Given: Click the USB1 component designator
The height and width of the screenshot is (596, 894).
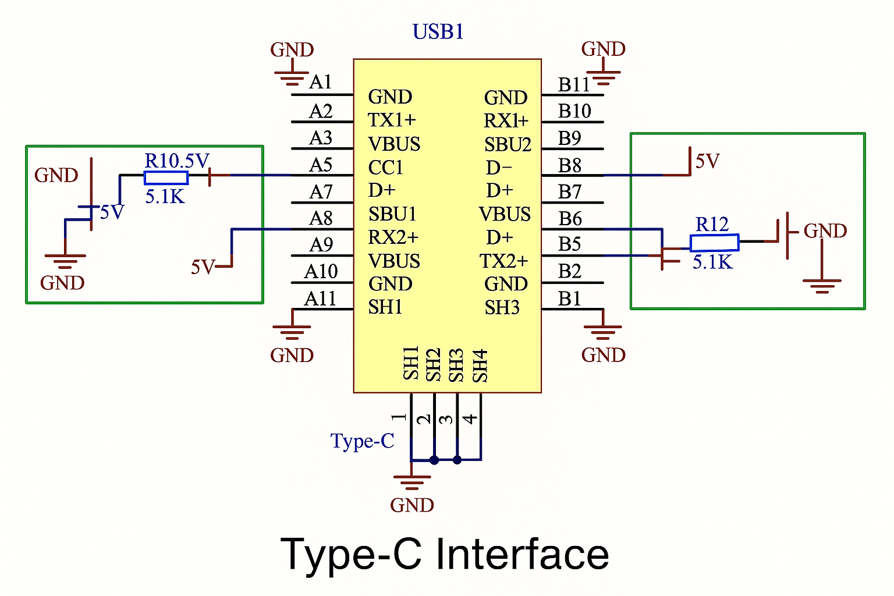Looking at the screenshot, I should coord(438,31).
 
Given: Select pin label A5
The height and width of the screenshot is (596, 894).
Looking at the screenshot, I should coord(321,165).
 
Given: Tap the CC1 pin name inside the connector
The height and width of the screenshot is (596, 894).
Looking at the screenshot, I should coord(385,168).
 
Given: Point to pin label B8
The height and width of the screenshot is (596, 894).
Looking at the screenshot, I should coord(569,166).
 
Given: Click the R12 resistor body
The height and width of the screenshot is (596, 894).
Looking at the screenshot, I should coord(714,243).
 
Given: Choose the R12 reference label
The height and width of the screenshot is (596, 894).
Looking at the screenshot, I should coord(712,224).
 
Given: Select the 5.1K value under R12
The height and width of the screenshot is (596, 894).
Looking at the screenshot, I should coord(712,262).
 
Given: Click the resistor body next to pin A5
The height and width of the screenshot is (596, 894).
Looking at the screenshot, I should coord(166,178).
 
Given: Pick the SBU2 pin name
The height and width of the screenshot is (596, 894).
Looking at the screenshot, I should coord(508,144).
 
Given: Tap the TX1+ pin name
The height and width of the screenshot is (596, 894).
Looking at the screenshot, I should coord(392,120).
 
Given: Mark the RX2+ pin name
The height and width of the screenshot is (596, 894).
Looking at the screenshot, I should coord(393,237).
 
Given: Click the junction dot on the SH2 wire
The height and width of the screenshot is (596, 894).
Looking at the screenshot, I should coord(434,460).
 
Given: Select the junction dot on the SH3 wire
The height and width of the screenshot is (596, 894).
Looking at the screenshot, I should coord(457,460).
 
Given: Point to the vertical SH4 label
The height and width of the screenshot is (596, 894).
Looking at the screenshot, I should coord(480,366).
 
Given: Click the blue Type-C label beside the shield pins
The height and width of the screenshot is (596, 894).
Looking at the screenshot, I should coord(362,441).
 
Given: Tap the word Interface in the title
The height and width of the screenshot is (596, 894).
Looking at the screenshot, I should coord(522,554).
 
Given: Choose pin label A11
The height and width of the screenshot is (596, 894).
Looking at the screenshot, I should coord(320,299).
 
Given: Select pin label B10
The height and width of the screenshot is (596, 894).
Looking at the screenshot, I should coord(574,111).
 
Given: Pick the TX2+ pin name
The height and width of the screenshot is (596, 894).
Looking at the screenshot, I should coord(503,261).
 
